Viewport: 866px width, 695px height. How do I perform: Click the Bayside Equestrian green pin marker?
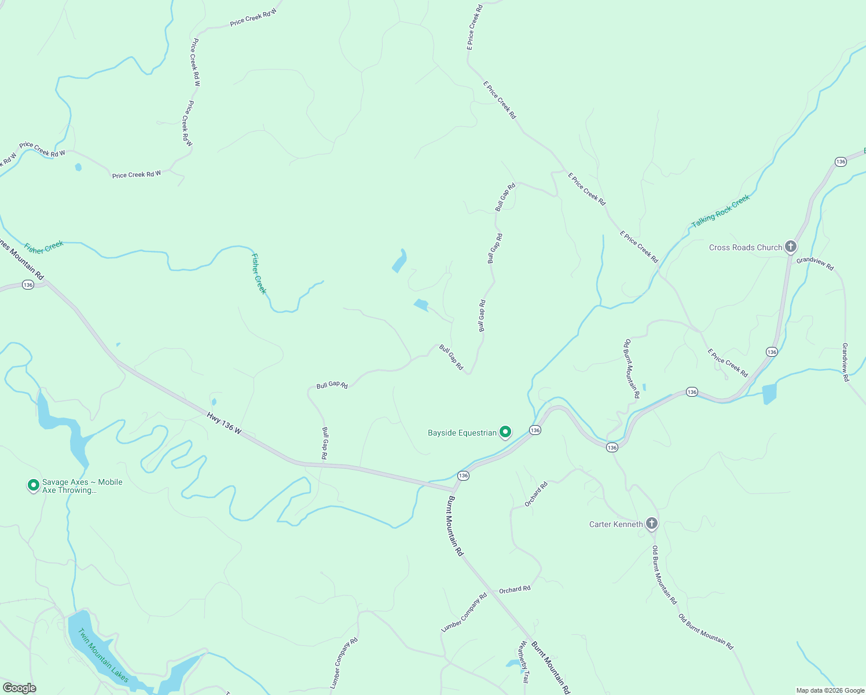click(505, 432)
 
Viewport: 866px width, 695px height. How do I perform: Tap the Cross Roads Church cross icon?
click(790, 247)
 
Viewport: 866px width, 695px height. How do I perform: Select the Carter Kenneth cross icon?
click(651, 524)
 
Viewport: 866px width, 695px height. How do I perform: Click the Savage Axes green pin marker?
click(34, 485)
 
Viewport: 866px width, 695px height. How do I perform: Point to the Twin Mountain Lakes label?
click(103, 655)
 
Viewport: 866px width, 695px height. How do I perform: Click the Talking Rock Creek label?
click(721, 211)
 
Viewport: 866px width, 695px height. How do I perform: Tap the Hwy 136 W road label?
click(223, 422)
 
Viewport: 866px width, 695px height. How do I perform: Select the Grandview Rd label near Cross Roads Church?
click(815, 264)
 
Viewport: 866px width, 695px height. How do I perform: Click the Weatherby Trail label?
click(524, 663)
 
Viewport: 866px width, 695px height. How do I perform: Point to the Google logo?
click(20, 688)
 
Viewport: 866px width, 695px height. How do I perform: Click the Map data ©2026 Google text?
click(830, 690)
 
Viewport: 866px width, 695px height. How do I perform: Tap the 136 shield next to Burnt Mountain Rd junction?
click(463, 475)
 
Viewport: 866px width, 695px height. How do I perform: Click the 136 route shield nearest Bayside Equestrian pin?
click(535, 430)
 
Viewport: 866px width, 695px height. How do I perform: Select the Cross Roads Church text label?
click(746, 247)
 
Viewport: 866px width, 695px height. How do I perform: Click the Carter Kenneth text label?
click(616, 524)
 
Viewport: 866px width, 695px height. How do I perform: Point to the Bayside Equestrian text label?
click(462, 433)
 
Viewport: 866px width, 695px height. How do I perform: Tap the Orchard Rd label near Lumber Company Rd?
click(515, 590)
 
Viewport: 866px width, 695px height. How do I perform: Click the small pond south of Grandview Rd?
click(769, 394)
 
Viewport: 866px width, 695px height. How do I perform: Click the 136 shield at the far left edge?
click(28, 284)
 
